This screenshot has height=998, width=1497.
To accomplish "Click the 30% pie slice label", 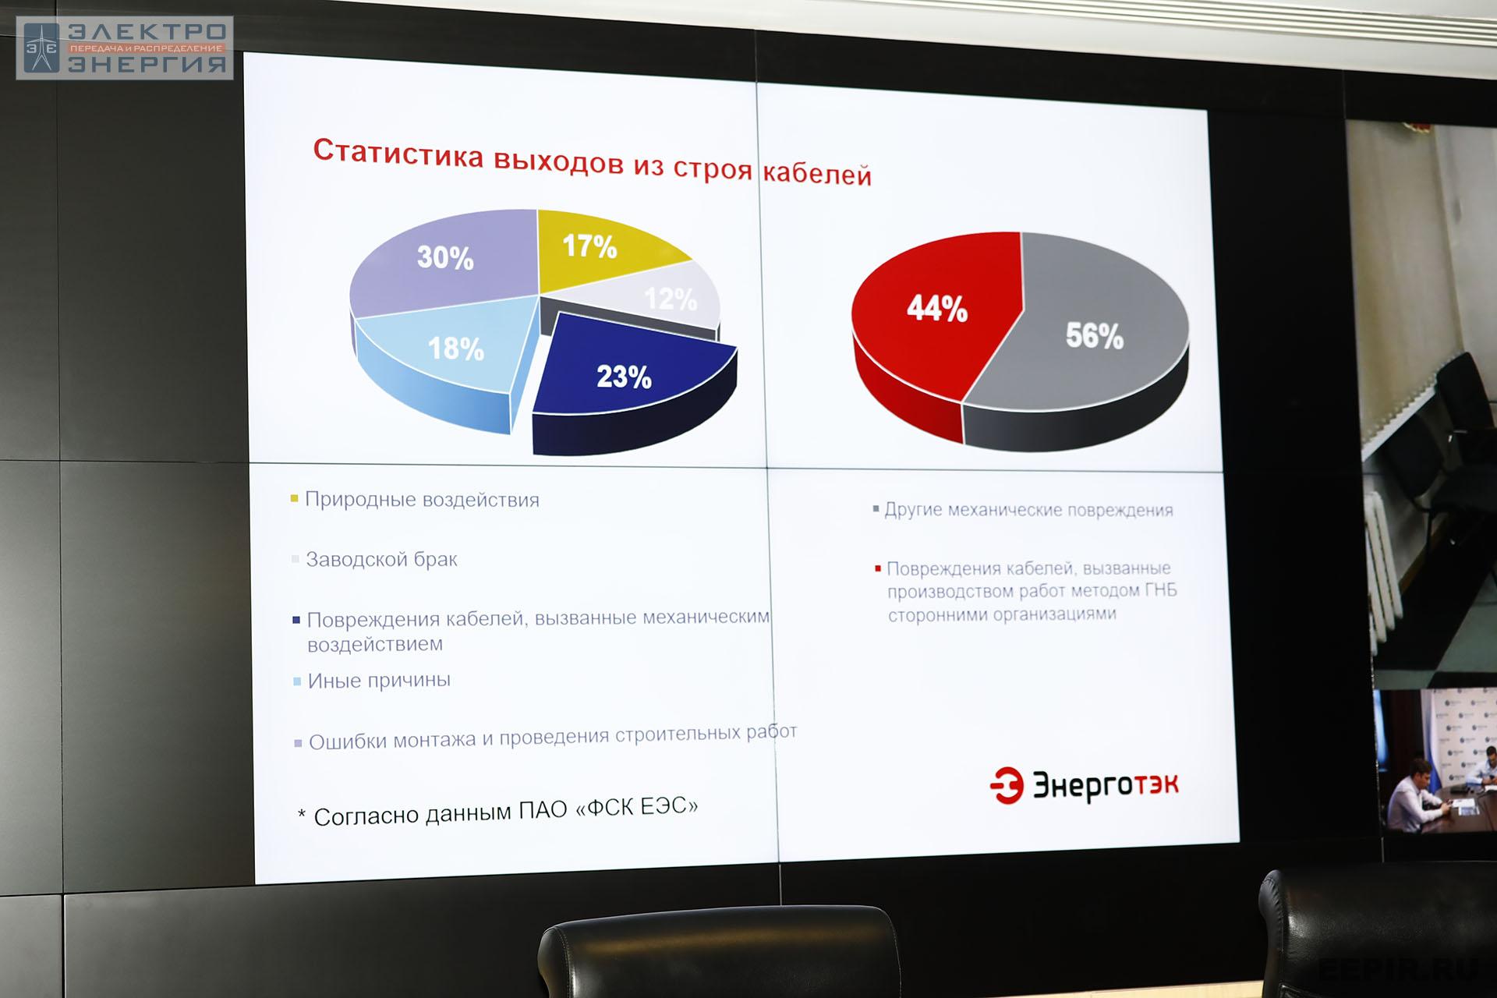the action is (445, 257).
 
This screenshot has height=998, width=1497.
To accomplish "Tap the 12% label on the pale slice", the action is (671, 299).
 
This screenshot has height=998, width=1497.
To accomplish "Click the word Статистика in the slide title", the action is (398, 152).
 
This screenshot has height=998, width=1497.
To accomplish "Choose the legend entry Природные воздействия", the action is (422, 499).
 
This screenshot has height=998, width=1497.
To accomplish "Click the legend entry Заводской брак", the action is (381, 559).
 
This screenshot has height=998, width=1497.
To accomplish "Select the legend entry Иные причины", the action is (379, 680).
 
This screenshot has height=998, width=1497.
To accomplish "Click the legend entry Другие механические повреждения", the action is (1028, 510).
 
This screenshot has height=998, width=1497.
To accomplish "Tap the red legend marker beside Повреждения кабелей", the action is (878, 569).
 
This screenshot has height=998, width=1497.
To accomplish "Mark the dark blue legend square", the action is (296, 621).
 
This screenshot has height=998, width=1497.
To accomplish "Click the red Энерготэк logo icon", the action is (1007, 784).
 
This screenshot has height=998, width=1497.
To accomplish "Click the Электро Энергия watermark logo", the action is (125, 48).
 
